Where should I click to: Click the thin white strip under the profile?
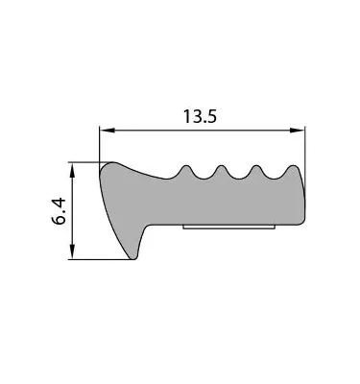[x=230, y=228]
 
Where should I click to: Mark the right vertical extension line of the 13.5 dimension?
[x=304, y=144]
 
